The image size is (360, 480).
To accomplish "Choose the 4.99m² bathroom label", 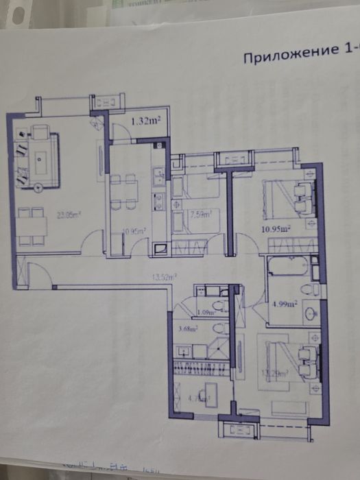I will click(283, 302).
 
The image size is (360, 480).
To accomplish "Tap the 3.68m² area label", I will click(187, 329).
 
